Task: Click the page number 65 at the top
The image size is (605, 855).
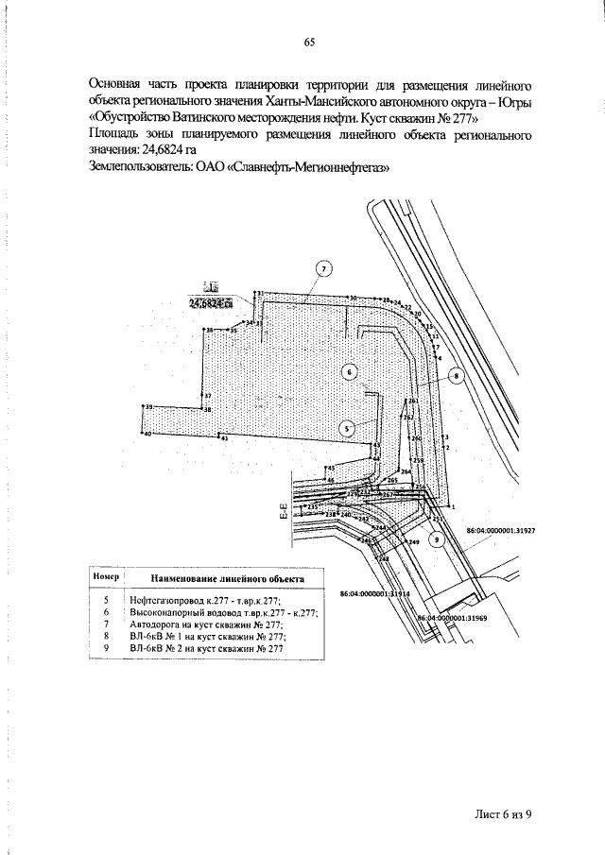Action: pos(308,42)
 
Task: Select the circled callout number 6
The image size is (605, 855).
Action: pos(349,372)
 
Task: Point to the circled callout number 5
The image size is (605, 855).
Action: pos(348,427)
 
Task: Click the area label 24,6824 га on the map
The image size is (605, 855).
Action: pos(211,303)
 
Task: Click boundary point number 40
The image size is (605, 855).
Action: pos(147,434)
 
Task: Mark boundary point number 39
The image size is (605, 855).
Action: pos(148,407)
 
